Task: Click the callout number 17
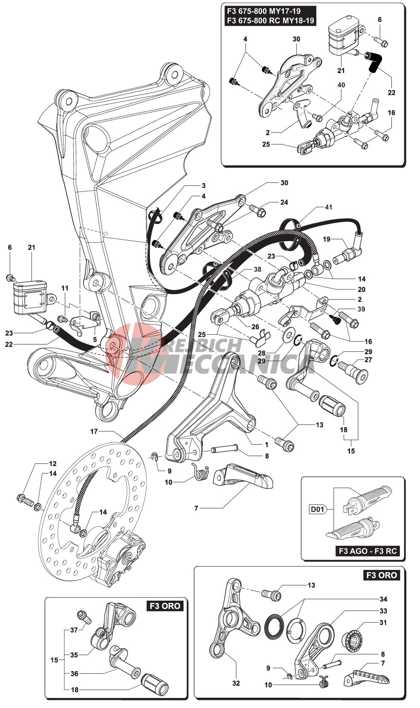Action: pos(94,431)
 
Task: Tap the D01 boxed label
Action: pos(318,509)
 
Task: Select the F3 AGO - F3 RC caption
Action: pos(368,551)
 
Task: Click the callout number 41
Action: pos(328,207)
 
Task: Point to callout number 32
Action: pos(236,683)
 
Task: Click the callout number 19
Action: pos(327,239)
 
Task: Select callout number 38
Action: pos(257,269)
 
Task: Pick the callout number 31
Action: pos(383,622)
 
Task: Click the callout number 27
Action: pos(368,360)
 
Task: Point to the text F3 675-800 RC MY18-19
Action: pos(270,21)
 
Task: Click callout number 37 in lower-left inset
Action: pos(74,630)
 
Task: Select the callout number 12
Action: pos(52,463)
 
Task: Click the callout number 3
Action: pos(204,186)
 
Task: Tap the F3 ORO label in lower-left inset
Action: pos(165,606)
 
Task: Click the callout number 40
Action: pos(341,85)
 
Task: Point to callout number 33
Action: pos(383,611)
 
